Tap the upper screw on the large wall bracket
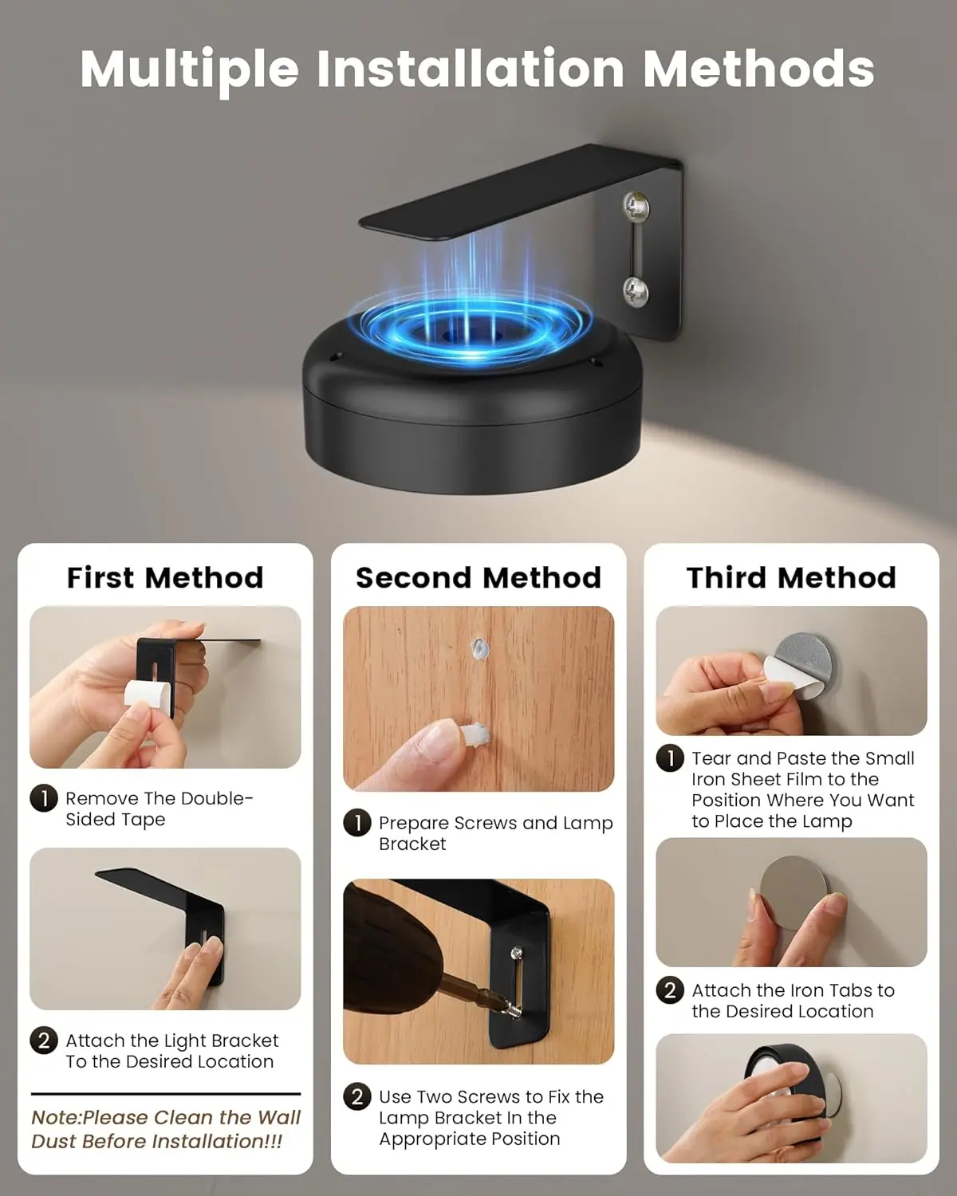636,205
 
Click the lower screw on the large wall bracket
636,290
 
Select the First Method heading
165,577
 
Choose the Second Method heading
478,577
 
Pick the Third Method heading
791,577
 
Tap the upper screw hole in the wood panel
479,648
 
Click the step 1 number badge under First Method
44,799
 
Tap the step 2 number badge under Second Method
357,1097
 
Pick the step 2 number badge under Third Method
670,990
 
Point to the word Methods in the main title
758,69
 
